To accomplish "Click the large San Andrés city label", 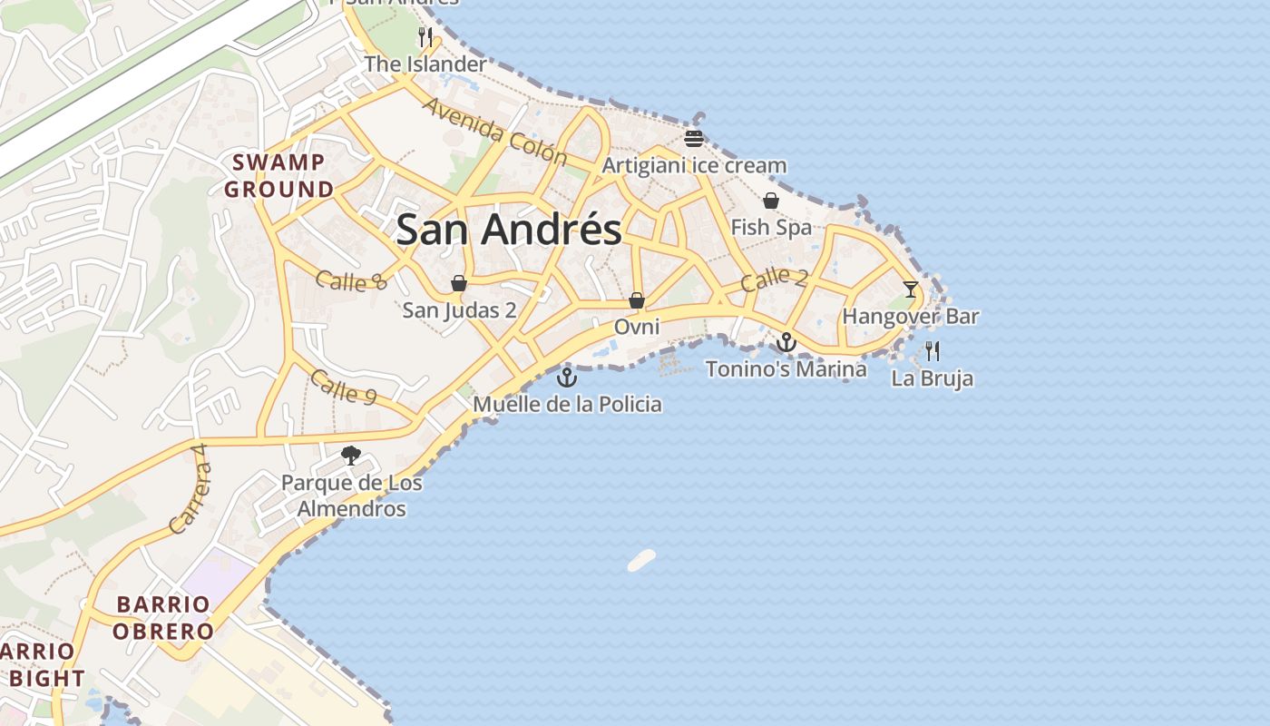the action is pyautogui.click(x=509, y=230).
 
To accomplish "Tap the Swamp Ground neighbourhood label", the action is pyautogui.click(x=278, y=176).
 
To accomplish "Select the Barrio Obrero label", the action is pyautogui.click(x=164, y=617).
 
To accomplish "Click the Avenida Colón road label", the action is pyautogui.click(x=494, y=132).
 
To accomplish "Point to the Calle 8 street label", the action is pyautogui.click(x=352, y=280).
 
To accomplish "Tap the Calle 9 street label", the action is pyautogui.click(x=342, y=385).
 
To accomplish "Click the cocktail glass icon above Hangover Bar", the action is pyautogui.click(x=911, y=289).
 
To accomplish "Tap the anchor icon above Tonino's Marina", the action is pyautogui.click(x=786, y=342).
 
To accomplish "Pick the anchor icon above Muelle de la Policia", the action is pyautogui.click(x=567, y=377).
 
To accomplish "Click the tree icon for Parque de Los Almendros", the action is pyautogui.click(x=350, y=456).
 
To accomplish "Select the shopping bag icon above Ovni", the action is pyautogui.click(x=637, y=299).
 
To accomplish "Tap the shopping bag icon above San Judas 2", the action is pyautogui.click(x=459, y=283).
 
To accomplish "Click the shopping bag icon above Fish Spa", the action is pyautogui.click(x=771, y=201).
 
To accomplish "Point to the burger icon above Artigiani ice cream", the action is pyautogui.click(x=694, y=139).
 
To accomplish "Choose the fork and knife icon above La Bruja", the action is pyautogui.click(x=933, y=351).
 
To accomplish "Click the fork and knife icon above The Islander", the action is pyautogui.click(x=425, y=37).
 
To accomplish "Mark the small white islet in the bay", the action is pyautogui.click(x=641, y=560).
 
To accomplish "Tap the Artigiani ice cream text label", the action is pyautogui.click(x=694, y=166).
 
